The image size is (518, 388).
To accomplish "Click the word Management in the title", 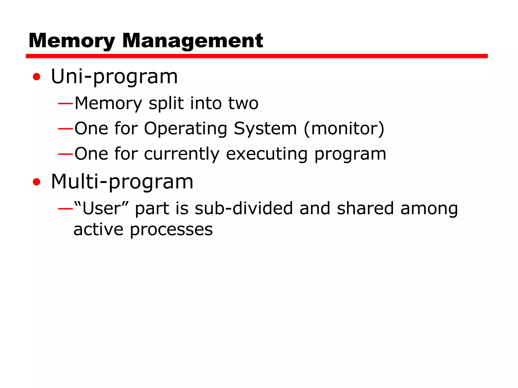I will [192, 41].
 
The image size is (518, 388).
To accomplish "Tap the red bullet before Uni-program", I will [37, 77].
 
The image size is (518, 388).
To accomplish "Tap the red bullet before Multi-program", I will [37, 182].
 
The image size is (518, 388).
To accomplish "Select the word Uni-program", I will [114, 77].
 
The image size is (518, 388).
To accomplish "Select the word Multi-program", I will [122, 182].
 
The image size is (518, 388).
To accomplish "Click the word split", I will [166, 104].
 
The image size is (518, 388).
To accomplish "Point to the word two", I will [243, 104].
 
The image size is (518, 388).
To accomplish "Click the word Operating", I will [185, 129].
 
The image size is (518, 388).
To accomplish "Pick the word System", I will [265, 129].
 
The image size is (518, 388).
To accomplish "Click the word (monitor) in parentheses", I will [344, 129].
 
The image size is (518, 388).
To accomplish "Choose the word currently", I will [182, 154].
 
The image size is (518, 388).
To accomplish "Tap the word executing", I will [267, 154].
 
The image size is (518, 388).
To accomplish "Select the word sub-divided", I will [244, 209].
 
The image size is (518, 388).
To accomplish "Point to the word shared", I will [365, 209].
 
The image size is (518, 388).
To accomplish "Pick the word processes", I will [171, 230].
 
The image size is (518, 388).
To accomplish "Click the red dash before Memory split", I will [66, 104].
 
